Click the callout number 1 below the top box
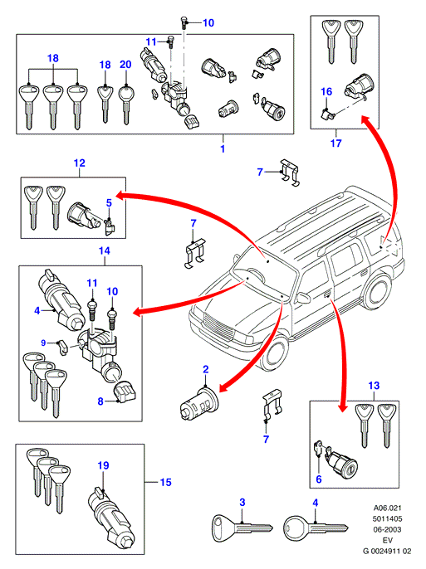(223, 148)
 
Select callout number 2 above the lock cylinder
(206, 369)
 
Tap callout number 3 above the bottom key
(242, 503)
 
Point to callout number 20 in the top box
(125, 65)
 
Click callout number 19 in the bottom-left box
(104, 465)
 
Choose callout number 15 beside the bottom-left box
(165, 482)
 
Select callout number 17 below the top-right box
(336, 143)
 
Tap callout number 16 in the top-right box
(326, 91)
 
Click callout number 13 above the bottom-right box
(374, 386)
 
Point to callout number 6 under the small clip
(319, 479)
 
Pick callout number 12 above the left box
(79, 163)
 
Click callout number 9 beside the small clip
(43, 343)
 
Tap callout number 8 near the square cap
(100, 401)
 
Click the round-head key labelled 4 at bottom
(316, 528)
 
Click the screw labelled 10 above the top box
(184, 23)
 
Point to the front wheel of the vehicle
(275, 352)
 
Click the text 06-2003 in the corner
(388, 529)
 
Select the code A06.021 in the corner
(388, 508)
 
